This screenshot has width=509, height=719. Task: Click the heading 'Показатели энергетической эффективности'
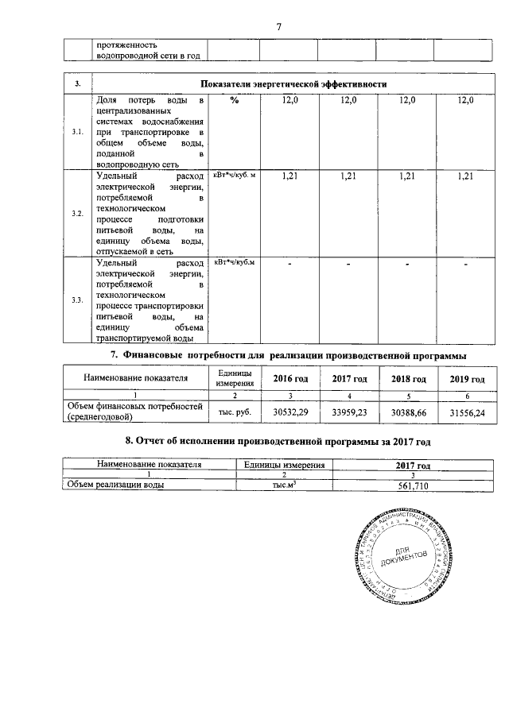[x=293, y=83]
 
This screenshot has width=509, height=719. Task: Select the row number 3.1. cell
[x=77, y=131]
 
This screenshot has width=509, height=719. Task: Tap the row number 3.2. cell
[x=77, y=213]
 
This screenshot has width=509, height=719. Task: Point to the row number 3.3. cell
[x=77, y=300]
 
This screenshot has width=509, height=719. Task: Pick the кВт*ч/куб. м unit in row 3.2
[x=231, y=174]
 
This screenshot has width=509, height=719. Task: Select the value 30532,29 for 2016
[x=289, y=412]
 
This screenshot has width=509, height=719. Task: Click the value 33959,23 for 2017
[x=349, y=412]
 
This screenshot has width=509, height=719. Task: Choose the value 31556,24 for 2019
[x=467, y=412]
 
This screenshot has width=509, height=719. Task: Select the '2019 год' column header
[x=467, y=379]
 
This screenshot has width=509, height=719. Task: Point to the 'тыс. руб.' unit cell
[x=235, y=412]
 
